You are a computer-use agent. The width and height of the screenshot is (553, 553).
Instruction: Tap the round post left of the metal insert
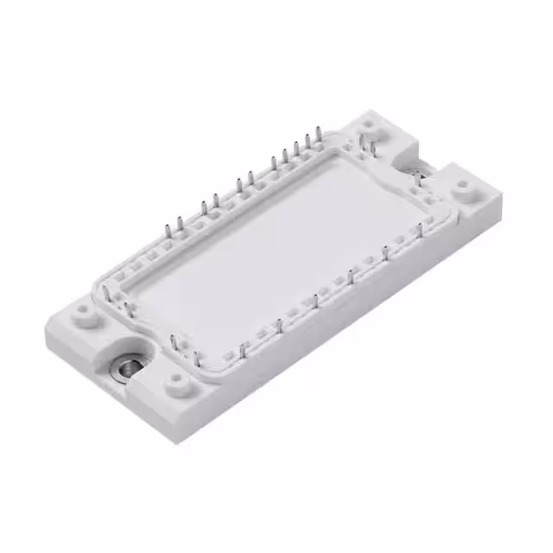click(x=84, y=308)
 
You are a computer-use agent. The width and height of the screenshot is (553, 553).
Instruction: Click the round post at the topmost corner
click(x=370, y=124)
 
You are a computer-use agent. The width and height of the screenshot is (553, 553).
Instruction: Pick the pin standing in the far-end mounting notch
click(x=418, y=178)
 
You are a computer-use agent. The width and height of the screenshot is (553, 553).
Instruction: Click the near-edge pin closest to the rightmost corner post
click(x=420, y=230)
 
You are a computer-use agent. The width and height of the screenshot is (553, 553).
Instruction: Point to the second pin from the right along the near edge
click(x=385, y=253)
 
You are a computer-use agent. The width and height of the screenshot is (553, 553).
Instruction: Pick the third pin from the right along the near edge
click(x=350, y=276)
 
